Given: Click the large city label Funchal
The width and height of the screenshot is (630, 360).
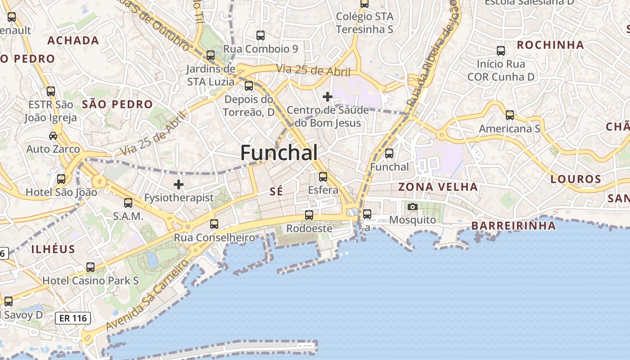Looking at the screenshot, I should (x=279, y=153).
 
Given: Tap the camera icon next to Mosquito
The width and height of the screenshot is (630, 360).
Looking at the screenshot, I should (x=412, y=207).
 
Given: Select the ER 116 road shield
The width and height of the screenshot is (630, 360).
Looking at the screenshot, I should (x=73, y=318).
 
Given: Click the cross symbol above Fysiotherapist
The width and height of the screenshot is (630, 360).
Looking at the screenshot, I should (x=179, y=184).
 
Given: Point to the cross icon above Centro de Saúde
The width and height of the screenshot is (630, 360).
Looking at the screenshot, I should (x=328, y=97).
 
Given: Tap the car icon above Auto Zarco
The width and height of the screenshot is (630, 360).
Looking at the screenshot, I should (x=53, y=136).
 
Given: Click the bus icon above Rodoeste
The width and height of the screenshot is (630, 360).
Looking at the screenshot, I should (x=309, y=215).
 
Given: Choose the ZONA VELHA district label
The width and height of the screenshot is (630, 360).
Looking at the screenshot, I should (x=438, y=187).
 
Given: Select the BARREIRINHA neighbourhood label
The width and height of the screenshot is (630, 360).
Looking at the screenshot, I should (x=513, y=225).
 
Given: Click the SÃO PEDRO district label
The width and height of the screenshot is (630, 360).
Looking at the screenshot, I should (x=117, y=104).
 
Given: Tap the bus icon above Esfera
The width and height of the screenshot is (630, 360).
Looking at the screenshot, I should (x=323, y=177).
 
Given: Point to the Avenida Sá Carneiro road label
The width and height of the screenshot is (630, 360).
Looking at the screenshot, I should (x=146, y=294).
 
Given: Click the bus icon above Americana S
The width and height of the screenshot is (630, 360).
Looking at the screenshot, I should (x=509, y=115).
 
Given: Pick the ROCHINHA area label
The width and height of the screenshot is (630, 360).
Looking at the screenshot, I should (x=550, y=45).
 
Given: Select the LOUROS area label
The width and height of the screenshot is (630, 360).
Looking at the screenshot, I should (x=576, y=179).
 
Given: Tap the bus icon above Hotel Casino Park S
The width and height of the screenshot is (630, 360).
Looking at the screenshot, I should (x=90, y=267).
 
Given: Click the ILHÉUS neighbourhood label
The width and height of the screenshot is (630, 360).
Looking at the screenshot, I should (x=53, y=249).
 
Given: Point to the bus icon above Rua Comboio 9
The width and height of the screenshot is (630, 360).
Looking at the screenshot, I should (x=261, y=36).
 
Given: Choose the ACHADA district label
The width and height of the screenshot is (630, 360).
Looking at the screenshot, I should (x=73, y=40).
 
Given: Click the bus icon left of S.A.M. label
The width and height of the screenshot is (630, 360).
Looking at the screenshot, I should (x=128, y=203).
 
